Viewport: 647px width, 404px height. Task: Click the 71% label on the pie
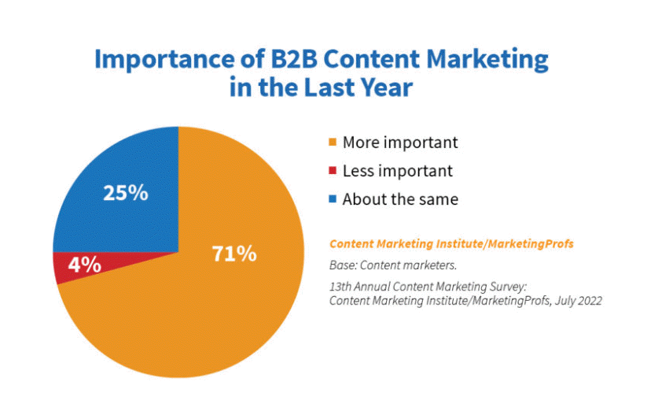coord(234,254)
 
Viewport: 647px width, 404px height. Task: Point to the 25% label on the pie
coord(126,193)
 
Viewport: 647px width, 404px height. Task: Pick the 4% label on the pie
coord(85,265)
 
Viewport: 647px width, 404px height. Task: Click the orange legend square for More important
coord(333,142)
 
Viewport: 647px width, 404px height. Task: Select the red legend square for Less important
coord(333,170)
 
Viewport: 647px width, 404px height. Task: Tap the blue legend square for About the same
coord(333,199)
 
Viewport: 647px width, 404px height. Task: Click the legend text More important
coord(400,143)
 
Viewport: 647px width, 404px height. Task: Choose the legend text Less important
coord(398,171)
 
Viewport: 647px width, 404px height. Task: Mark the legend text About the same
coord(400,199)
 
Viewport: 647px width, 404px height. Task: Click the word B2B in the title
coord(294,59)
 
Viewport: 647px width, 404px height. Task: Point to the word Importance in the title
coord(165,60)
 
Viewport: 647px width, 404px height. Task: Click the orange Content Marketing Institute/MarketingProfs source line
coord(451,244)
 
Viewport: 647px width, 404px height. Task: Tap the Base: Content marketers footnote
coord(393,265)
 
